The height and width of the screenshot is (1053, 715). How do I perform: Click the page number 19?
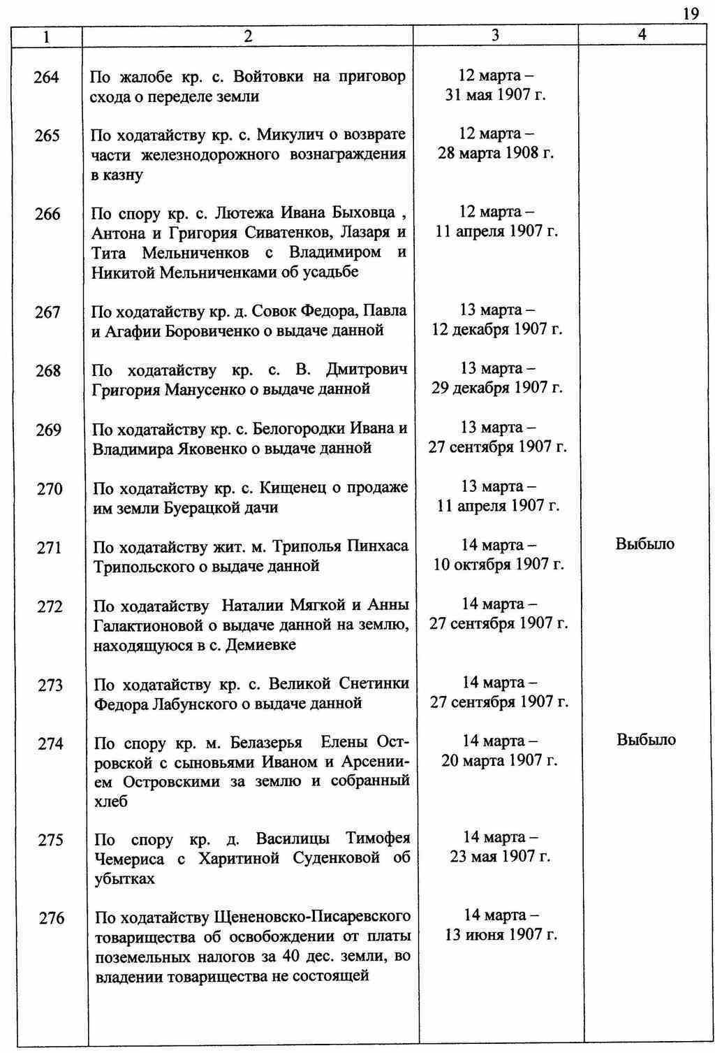pos(691,14)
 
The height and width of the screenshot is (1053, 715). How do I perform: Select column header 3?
pos(495,35)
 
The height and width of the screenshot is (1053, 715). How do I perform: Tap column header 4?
pos(642,34)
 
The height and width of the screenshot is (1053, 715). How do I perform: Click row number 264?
pos(46,77)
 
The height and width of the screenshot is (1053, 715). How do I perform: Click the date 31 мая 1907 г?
pos(495,95)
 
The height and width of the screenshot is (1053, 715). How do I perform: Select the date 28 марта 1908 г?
pos(496,153)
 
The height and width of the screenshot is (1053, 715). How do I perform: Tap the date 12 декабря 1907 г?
pos(496,329)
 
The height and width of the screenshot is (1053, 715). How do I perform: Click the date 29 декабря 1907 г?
pos(496,388)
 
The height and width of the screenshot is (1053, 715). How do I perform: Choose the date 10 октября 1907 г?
pos(498,564)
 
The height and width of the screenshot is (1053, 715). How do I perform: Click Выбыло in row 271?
pos(645,544)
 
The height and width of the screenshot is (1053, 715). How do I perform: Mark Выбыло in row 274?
pos(646,739)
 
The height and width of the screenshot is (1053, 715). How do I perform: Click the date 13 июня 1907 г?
pos(501,935)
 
